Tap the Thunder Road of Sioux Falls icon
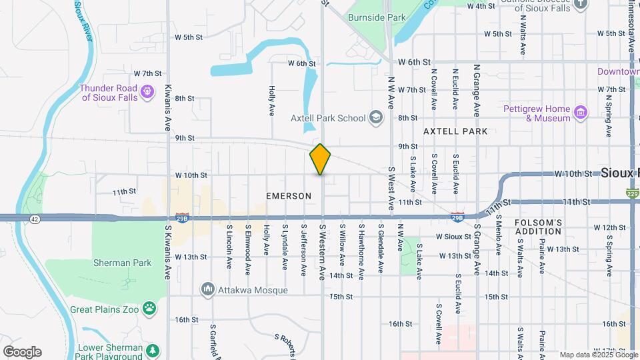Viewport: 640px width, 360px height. pyautogui.click(x=148, y=89)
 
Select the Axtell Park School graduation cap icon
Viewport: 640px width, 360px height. pyautogui.click(x=375, y=118)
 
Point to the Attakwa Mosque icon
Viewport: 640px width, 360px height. pyautogui.click(x=207, y=290)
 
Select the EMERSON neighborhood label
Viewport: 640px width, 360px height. pyautogui.click(x=289, y=196)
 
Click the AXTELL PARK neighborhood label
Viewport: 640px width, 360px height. pyautogui.click(x=455, y=132)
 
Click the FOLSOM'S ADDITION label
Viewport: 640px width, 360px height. pyautogui.click(x=539, y=227)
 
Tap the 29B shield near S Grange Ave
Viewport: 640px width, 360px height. pyautogui.click(x=457, y=217)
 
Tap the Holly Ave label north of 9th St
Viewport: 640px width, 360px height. pyautogui.click(x=272, y=100)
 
